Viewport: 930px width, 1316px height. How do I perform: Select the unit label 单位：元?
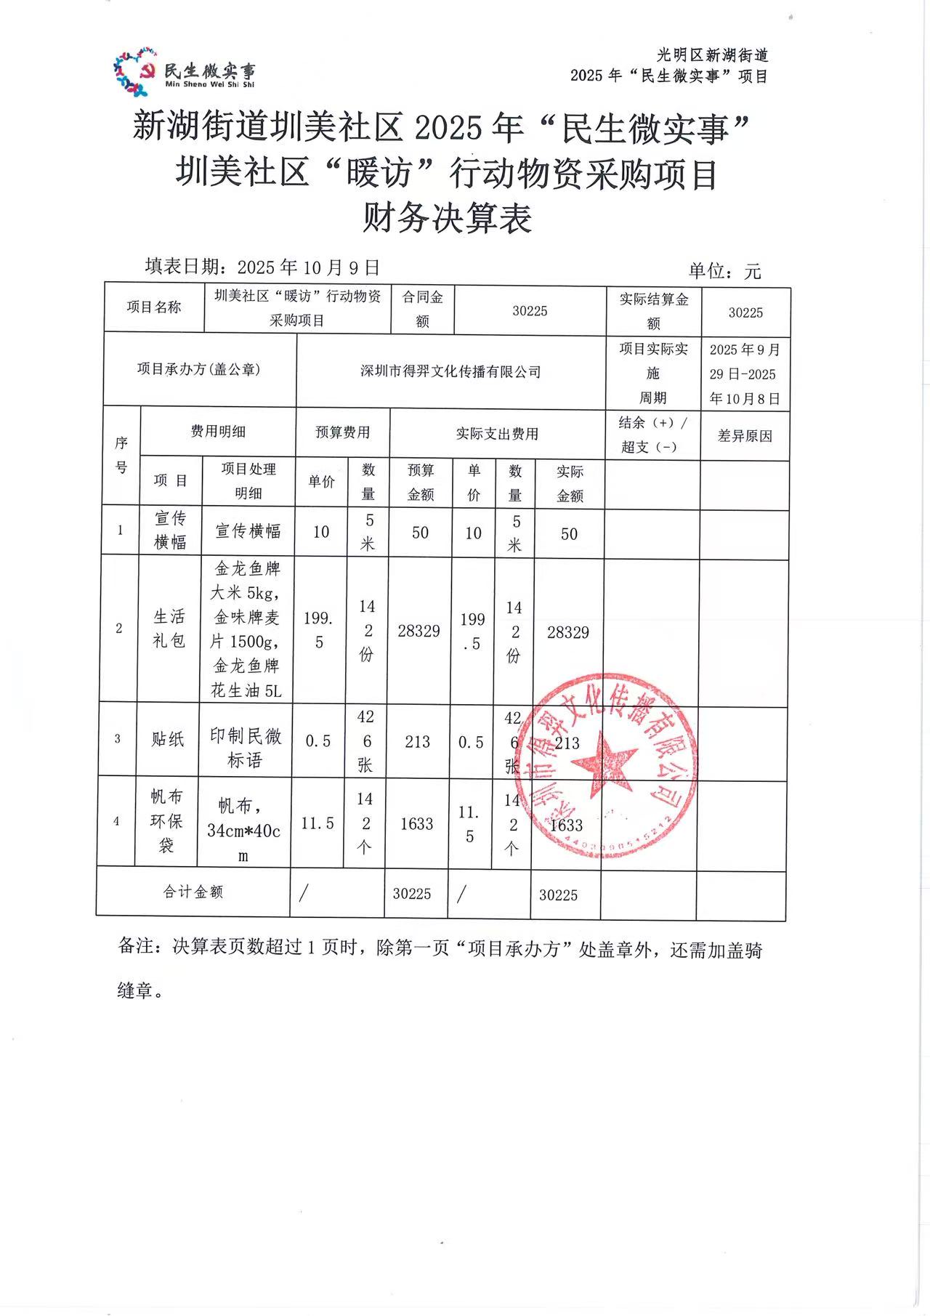tap(724, 272)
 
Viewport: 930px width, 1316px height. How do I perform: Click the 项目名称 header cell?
tap(154, 307)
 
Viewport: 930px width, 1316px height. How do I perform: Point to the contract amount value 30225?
tap(530, 311)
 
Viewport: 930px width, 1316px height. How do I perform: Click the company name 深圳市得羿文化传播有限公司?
tap(450, 371)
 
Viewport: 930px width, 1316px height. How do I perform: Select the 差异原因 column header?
tap(745, 436)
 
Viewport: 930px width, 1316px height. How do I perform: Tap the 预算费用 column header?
tap(342, 432)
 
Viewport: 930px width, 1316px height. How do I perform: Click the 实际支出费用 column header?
tap(497, 434)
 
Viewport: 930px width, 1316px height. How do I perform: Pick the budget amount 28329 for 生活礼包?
tap(418, 631)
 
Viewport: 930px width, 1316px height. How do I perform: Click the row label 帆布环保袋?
tap(166, 821)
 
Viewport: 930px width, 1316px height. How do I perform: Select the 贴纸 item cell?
tap(168, 739)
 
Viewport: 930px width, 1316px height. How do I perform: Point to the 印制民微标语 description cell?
tap(246, 748)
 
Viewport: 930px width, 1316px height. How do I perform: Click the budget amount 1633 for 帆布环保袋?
tap(416, 823)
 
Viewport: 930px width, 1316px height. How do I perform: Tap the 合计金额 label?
tap(193, 892)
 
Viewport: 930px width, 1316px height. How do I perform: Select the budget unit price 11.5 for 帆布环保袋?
tap(318, 823)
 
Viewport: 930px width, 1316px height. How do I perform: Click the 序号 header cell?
tap(121, 455)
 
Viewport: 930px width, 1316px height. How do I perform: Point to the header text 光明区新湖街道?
tap(713, 55)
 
